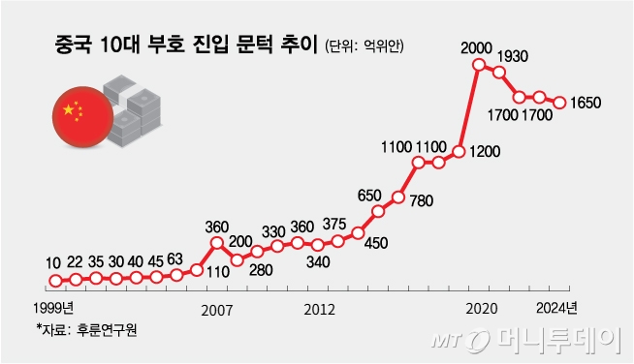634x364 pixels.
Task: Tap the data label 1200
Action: (489, 152)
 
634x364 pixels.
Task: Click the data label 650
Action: (369, 195)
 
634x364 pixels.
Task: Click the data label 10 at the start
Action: (53, 262)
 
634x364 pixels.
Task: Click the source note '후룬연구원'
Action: (105, 330)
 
